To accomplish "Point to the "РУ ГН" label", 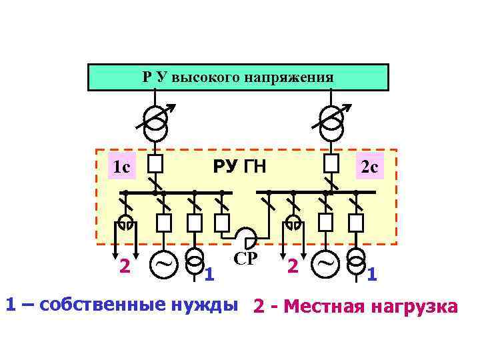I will [239, 165].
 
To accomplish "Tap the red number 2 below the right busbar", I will [292, 266].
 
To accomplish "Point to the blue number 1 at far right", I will [372, 273].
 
